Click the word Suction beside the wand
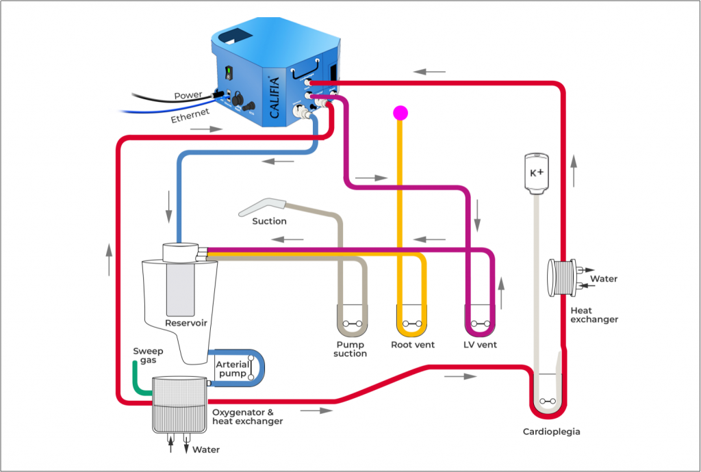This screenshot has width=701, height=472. coord(269,221)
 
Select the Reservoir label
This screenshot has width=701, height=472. coord(186,322)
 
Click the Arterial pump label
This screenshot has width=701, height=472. coord(231,369)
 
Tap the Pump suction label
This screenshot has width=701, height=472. coord(350,349)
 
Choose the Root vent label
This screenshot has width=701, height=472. coord(412,345)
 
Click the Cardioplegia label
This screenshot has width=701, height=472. coord(551,432)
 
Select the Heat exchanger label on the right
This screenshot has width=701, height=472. coord(594,315)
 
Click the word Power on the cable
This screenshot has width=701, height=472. coord(188,96)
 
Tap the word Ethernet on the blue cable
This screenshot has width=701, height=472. coord(190,116)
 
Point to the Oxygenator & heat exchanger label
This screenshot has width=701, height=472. coord(247,417)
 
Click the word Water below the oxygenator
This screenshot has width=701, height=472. coord(206,449)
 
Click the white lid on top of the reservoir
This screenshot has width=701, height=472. coord(180,251)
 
